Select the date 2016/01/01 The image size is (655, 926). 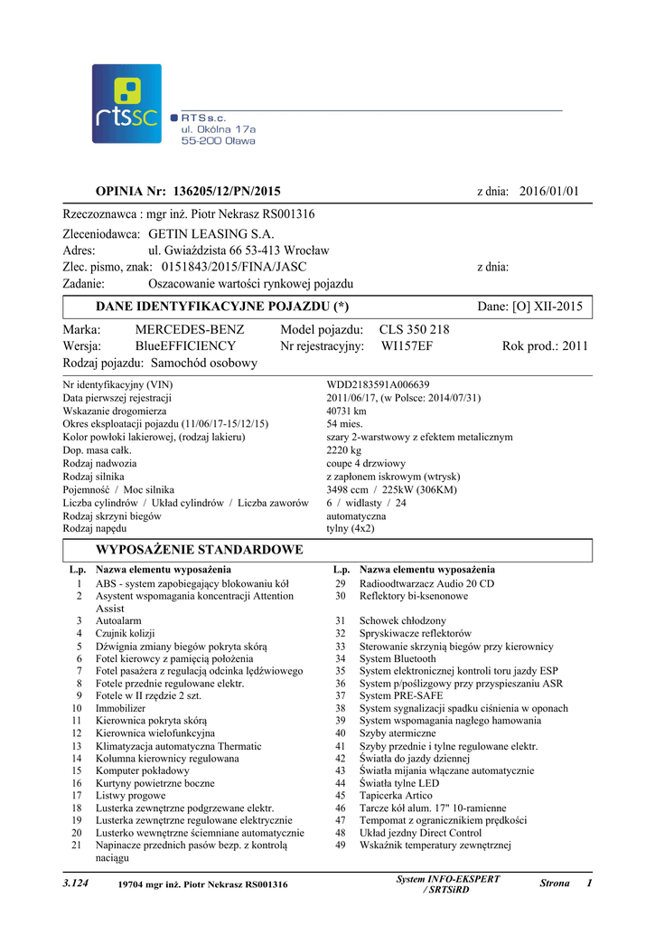pyautogui.click(x=548, y=191)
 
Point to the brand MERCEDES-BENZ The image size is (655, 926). pyautogui.click(x=190, y=330)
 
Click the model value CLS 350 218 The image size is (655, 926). pyautogui.click(x=414, y=330)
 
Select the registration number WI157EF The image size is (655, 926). pyautogui.click(x=407, y=346)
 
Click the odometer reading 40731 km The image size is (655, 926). pyautogui.click(x=346, y=411)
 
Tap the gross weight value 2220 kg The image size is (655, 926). pyautogui.click(x=343, y=449)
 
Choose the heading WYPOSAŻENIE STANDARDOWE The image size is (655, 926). pyautogui.click(x=200, y=550)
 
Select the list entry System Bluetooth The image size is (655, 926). pyautogui.click(x=398, y=659)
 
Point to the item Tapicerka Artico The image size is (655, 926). pyautogui.click(x=396, y=796)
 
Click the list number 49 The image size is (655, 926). pyautogui.click(x=340, y=846)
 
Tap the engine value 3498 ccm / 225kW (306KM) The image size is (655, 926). pyautogui.click(x=391, y=489)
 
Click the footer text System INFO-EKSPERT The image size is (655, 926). pyautogui.click(x=448, y=879)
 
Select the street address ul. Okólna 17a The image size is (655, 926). pyautogui.click(x=219, y=129)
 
